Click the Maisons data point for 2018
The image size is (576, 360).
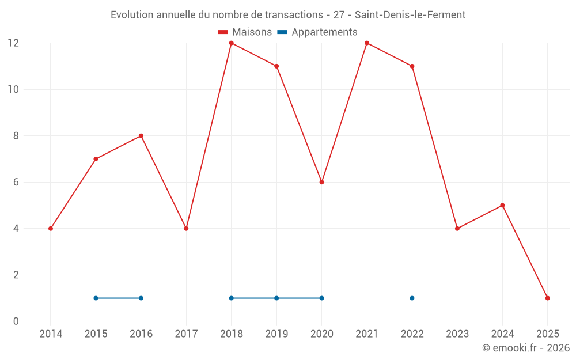pyautogui.click(x=232, y=43)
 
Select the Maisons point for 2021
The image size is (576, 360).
pyautogui.click(x=367, y=43)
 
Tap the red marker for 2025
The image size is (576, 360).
pyautogui.click(x=548, y=298)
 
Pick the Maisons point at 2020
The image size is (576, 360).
pyautogui.click(x=322, y=182)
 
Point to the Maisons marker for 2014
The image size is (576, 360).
pyautogui.click(x=51, y=229)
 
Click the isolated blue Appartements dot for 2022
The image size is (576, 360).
pyautogui.click(x=412, y=298)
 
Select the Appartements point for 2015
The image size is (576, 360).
pyautogui.click(x=96, y=298)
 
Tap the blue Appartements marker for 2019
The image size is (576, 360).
pyautogui.click(x=276, y=298)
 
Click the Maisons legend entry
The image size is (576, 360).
pyautogui.click(x=245, y=32)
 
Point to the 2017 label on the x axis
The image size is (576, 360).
pyautogui.click(x=186, y=334)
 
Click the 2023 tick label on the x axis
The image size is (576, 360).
pyautogui.click(x=457, y=334)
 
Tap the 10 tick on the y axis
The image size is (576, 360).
pyautogui.click(x=13, y=89)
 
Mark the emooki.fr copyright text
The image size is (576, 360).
pyautogui.click(x=526, y=348)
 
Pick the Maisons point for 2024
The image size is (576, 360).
pyautogui.click(x=502, y=206)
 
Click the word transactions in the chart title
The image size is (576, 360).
pyautogui.click(x=293, y=15)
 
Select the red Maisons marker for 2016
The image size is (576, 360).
pyautogui.click(x=141, y=136)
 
